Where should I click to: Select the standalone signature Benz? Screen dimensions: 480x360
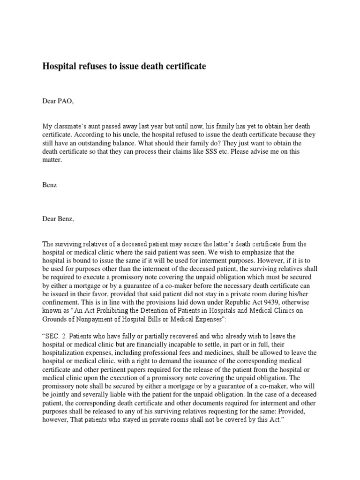49,185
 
